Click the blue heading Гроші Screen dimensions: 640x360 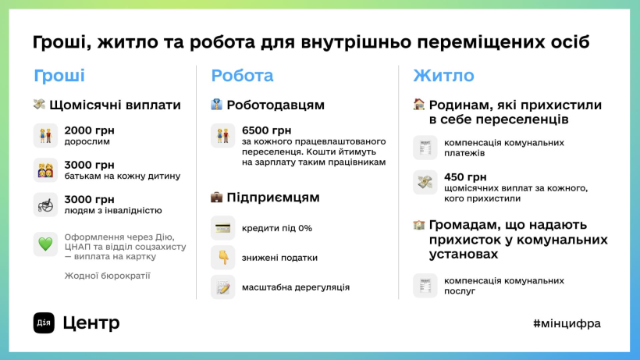point(59,76)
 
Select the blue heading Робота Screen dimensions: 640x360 point(242,76)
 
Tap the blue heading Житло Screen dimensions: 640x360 point(443,76)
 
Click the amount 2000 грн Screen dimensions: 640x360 point(90,130)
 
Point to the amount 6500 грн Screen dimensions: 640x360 point(266,130)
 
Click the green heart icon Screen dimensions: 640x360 point(45,244)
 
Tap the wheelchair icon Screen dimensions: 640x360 point(45,205)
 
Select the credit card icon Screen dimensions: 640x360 point(223,228)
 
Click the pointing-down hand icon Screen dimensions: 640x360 point(223,258)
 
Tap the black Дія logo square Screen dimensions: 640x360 point(44,323)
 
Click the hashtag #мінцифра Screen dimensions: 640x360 point(567,323)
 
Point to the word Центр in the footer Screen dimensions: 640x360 point(91,323)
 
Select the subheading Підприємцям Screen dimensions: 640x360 point(273,198)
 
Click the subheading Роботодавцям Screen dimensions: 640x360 point(276,105)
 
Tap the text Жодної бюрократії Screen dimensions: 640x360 point(108,276)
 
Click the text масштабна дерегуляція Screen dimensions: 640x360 point(296,287)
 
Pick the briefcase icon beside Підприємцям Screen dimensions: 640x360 point(216,198)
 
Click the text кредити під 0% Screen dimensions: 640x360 point(277,228)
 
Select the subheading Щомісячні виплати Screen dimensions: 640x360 point(115,105)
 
